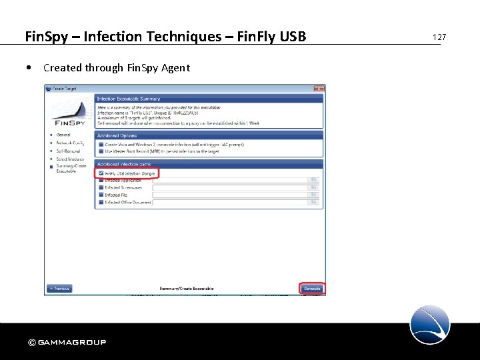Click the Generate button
pyautogui.click(x=312, y=289)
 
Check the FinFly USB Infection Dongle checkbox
pyautogui.click(x=101, y=173)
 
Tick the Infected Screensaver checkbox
pyautogui.click(x=101, y=187)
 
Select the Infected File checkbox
pyautogui.click(x=101, y=195)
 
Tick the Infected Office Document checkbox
pyautogui.click(x=101, y=202)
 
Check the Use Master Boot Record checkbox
pyautogui.click(x=101, y=151)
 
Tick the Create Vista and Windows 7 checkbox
pyautogui.click(x=101, y=144)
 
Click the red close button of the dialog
pyautogui.click(x=319, y=89)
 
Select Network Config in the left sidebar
pyautogui.click(x=69, y=143)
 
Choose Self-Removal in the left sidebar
pyautogui.click(x=68, y=151)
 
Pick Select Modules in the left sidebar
pyautogui.click(x=70, y=159)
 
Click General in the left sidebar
pyautogui.click(x=63, y=135)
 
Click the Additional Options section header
pyautogui.click(x=119, y=135)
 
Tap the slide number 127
pyautogui.click(x=439, y=37)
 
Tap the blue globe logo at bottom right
pyautogui.click(x=430, y=325)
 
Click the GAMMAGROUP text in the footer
pyautogui.click(x=72, y=343)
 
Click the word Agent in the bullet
pyautogui.click(x=177, y=67)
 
